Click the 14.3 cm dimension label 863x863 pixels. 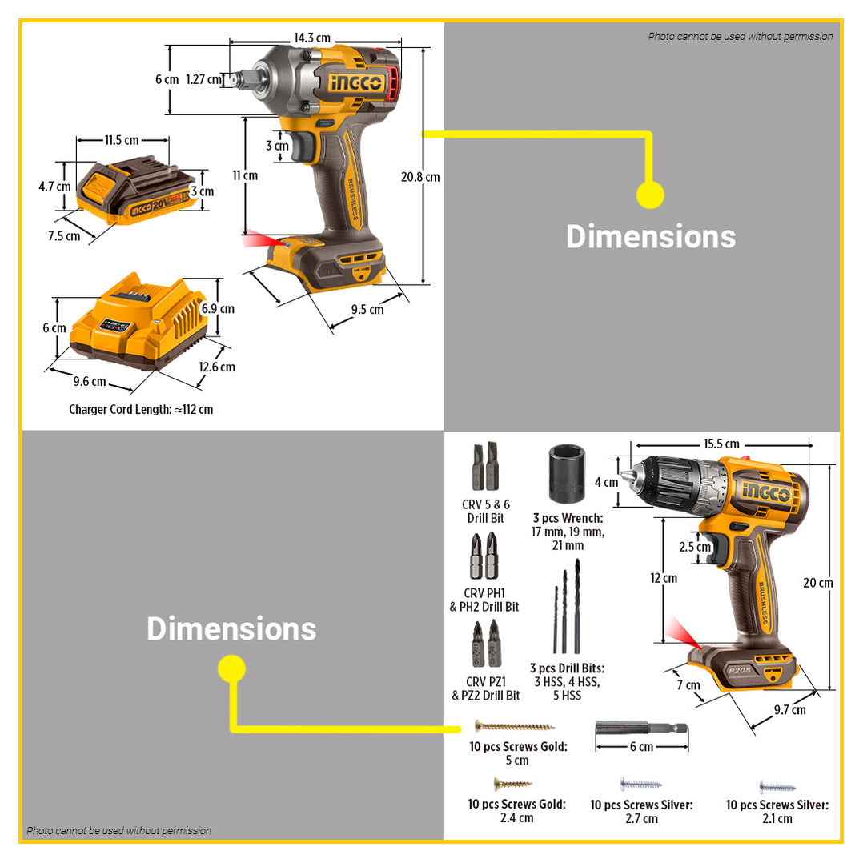(311, 38)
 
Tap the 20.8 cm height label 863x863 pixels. (421, 177)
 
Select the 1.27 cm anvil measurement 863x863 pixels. (203, 79)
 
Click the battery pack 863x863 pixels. (136, 192)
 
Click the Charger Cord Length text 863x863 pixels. (141, 409)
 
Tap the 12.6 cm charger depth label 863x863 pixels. (216, 367)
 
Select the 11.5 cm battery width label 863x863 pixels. (122, 140)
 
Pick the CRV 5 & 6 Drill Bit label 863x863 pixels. (486, 511)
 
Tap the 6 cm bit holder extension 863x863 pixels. (641, 729)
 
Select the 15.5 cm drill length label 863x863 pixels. (721, 444)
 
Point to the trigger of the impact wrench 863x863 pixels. (303, 147)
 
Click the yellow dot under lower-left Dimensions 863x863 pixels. (231, 668)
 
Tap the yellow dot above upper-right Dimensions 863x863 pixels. (650, 195)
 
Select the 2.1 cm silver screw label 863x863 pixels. (777, 811)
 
